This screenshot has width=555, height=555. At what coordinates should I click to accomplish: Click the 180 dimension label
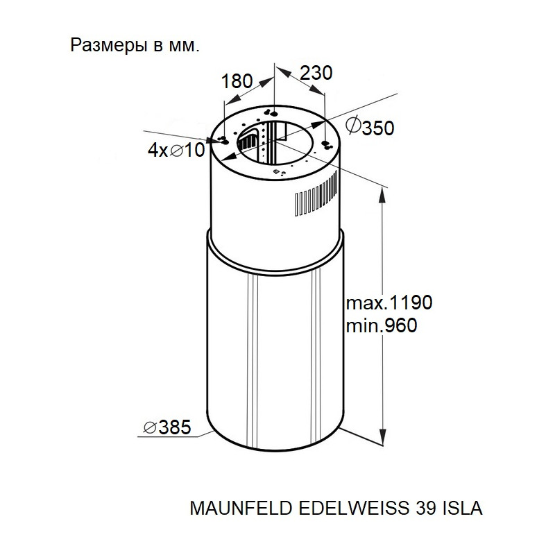click(237, 80)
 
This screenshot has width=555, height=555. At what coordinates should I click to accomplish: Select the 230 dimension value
click(316, 72)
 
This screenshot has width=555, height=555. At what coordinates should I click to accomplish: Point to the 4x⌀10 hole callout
click(177, 151)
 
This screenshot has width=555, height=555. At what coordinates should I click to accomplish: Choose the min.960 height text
click(381, 325)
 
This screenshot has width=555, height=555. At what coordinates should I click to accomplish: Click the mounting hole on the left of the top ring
click(223, 139)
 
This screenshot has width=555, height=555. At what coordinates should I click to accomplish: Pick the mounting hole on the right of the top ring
click(326, 145)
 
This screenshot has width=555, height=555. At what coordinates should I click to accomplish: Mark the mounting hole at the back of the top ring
click(274, 113)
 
